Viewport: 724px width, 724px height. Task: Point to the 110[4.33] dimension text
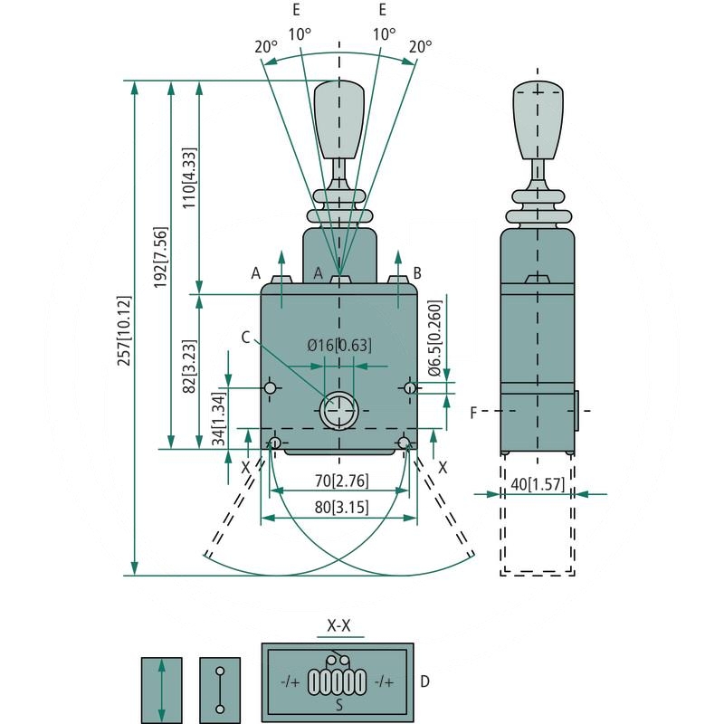189,177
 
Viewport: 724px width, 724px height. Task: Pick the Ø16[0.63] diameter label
339,345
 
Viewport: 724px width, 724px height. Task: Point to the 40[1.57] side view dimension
538,484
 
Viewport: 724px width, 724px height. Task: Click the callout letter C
246,336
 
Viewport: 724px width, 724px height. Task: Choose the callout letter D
426,681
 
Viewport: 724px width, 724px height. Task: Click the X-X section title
338,625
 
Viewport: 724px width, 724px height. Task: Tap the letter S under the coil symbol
338,704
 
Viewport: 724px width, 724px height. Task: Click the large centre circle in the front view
338,413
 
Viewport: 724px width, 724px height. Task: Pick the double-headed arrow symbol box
161,690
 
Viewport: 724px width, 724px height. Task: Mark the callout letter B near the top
417,272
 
